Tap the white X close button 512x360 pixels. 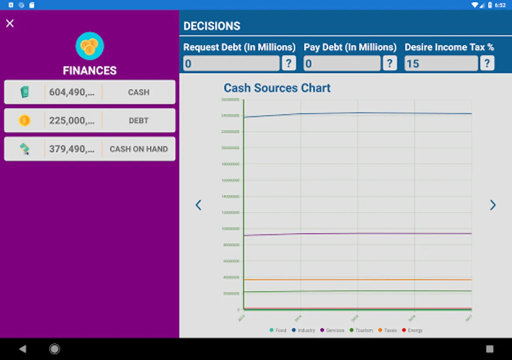click(x=10, y=24)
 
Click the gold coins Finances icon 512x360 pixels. click(x=90, y=46)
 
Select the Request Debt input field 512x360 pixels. click(x=231, y=63)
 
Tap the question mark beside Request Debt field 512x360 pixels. click(x=289, y=63)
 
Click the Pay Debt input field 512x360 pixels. click(x=342, y=63)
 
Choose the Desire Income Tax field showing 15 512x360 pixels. click(x=441, y=63)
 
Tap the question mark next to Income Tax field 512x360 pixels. click(x=487, y=63)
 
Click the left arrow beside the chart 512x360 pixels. click(x=198, y=205)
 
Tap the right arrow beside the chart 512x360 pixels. click(x=493, y=205)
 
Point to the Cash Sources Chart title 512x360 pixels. click(x=277, y=88)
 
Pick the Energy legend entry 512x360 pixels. click(x=412, y=330)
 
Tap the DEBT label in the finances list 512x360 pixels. click(x=138, y=120)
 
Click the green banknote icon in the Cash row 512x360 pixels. click(x=25, y=92)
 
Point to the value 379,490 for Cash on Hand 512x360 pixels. click(x=72, y=149)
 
